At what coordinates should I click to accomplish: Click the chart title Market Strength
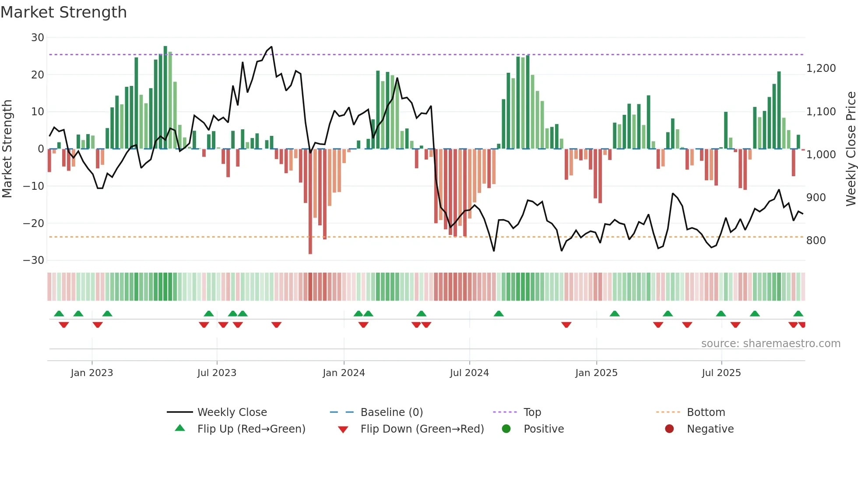tap(63, 12)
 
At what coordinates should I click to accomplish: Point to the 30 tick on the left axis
tap(38, 38)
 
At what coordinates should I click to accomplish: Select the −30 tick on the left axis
tap(34, 260)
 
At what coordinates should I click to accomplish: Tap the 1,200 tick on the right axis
tap(821, 68)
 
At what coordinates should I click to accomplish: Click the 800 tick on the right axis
tap(816, 241)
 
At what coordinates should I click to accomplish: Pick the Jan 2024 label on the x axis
tap(344, 373)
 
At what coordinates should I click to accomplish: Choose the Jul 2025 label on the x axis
tap(721, 373)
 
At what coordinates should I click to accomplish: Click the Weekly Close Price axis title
tap(851, 149)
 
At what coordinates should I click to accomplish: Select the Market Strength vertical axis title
tap(7, 149)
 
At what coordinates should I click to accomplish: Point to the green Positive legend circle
tap(506, 429)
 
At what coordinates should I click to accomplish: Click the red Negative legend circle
tap(669, 429)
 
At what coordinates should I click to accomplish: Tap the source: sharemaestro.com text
tap(770, 344)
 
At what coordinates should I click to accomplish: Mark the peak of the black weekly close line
tap(271, 47)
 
